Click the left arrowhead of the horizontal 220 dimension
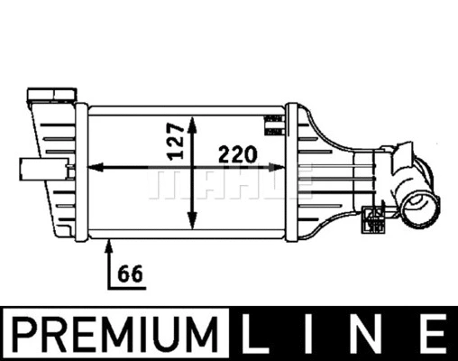97,167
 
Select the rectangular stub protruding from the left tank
34,167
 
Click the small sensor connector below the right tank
371,216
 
